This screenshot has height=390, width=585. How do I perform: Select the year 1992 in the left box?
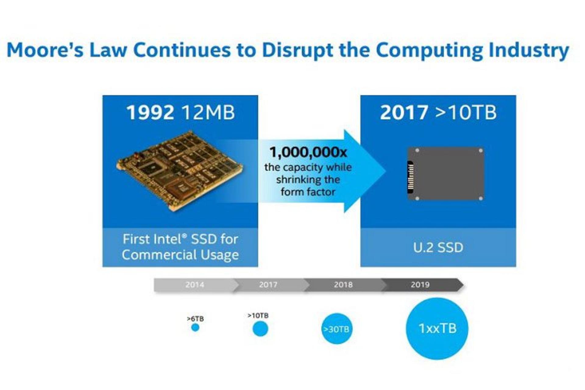[x=150, y=112]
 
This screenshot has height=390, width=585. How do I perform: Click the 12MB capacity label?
[x=208, y=112]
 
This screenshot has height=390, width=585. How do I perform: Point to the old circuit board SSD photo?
[x=180, y=171]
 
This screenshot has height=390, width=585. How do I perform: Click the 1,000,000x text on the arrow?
[x=308, y=152]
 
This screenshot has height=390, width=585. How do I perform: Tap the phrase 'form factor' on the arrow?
[x=308, y=192]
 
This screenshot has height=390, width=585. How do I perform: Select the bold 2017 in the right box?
[x=404, y=112]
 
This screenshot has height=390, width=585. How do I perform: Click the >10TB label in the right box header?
[x=466, y=112]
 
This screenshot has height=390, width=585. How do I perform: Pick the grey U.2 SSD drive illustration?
[x=446, y=174]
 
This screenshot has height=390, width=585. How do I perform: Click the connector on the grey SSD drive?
[x=410, y=177]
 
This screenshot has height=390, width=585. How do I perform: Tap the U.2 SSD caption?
[x=438, y=247]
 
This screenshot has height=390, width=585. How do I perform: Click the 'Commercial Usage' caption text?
[x=180, y=255]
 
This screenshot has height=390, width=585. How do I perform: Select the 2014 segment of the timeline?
[x=195, y=285]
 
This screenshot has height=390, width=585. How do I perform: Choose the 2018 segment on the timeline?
[x=343, y=285]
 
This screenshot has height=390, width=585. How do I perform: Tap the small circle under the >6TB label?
[x=195, y=328]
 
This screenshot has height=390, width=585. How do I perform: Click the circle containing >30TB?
[x=337, y=329]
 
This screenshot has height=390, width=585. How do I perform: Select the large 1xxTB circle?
[x=437, y=328]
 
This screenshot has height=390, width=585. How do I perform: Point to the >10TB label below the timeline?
[x=258, y=315]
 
